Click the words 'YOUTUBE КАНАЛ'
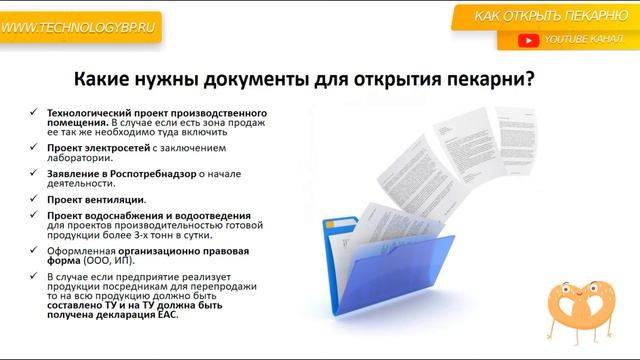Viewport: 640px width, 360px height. [581, 40]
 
